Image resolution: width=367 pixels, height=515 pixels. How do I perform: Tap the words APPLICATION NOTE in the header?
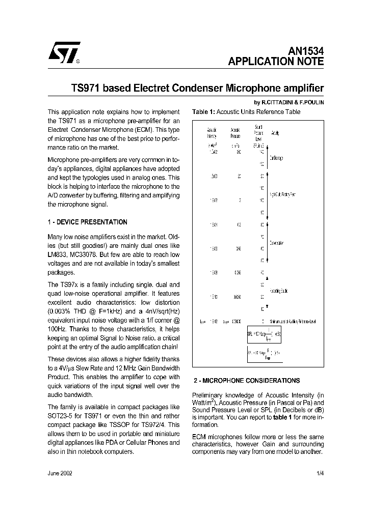[x=275, y=62]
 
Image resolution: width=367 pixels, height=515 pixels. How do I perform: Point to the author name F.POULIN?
[x=312, y=102]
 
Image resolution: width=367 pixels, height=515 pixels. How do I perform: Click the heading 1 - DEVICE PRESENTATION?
[x=87, y=222]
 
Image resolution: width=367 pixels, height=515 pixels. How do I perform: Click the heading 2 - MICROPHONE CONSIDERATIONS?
[x=246, y=381]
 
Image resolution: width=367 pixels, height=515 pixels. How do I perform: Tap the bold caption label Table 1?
[x=204, y=112]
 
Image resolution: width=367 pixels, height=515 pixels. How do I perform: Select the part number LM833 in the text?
[x=57, y=254]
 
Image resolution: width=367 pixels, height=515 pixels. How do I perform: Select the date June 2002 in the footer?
[x=60, y=473]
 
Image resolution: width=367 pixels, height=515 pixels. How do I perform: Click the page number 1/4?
[x=320, y=473]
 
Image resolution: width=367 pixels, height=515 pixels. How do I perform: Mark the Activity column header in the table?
[x=276, y=133]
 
